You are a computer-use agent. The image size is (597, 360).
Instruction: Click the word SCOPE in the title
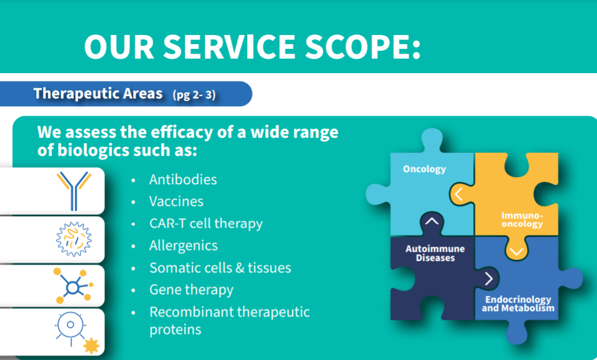(362, 47)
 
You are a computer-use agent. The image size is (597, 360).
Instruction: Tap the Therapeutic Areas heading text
(98, 93)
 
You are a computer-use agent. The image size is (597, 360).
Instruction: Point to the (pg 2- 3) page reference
(194, 94)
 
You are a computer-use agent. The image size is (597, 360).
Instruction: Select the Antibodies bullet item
(182, 179)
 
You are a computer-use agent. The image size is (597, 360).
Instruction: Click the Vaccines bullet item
(176, 201)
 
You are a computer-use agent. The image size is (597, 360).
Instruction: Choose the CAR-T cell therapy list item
(206, 223)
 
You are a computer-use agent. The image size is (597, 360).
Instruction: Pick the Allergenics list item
(184, 246)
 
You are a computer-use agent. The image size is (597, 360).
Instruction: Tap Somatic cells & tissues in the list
(220, 268)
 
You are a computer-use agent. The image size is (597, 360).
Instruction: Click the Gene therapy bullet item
(191, 290)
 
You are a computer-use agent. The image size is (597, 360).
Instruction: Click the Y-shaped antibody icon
(74, 191)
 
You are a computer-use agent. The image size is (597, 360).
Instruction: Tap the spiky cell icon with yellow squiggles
(74, 239)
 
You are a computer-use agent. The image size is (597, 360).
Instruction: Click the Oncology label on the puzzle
(425, 169)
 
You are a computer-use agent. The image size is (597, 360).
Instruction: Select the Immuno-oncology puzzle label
(522, 220)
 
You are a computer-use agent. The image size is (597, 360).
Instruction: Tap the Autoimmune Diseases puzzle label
(435, 254)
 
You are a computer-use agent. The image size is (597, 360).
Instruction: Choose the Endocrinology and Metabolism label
(518, 304)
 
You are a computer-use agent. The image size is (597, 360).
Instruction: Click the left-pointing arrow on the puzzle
(459, 194)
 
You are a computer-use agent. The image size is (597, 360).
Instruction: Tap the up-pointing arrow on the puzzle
(432, 220)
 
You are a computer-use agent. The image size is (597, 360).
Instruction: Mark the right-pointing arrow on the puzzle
(489, 278)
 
